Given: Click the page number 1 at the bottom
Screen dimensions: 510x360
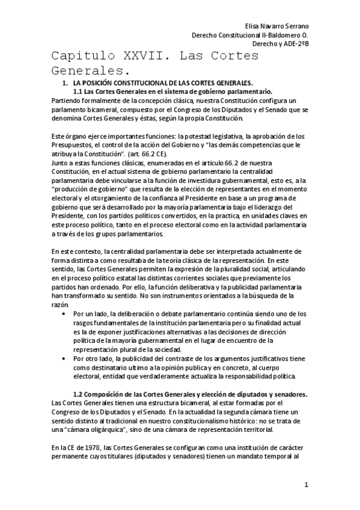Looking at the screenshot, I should [x=306, y=485].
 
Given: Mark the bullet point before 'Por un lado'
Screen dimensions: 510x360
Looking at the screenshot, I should [x=64, y=314].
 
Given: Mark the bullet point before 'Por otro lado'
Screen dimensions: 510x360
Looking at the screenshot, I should [x=64, y=358].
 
